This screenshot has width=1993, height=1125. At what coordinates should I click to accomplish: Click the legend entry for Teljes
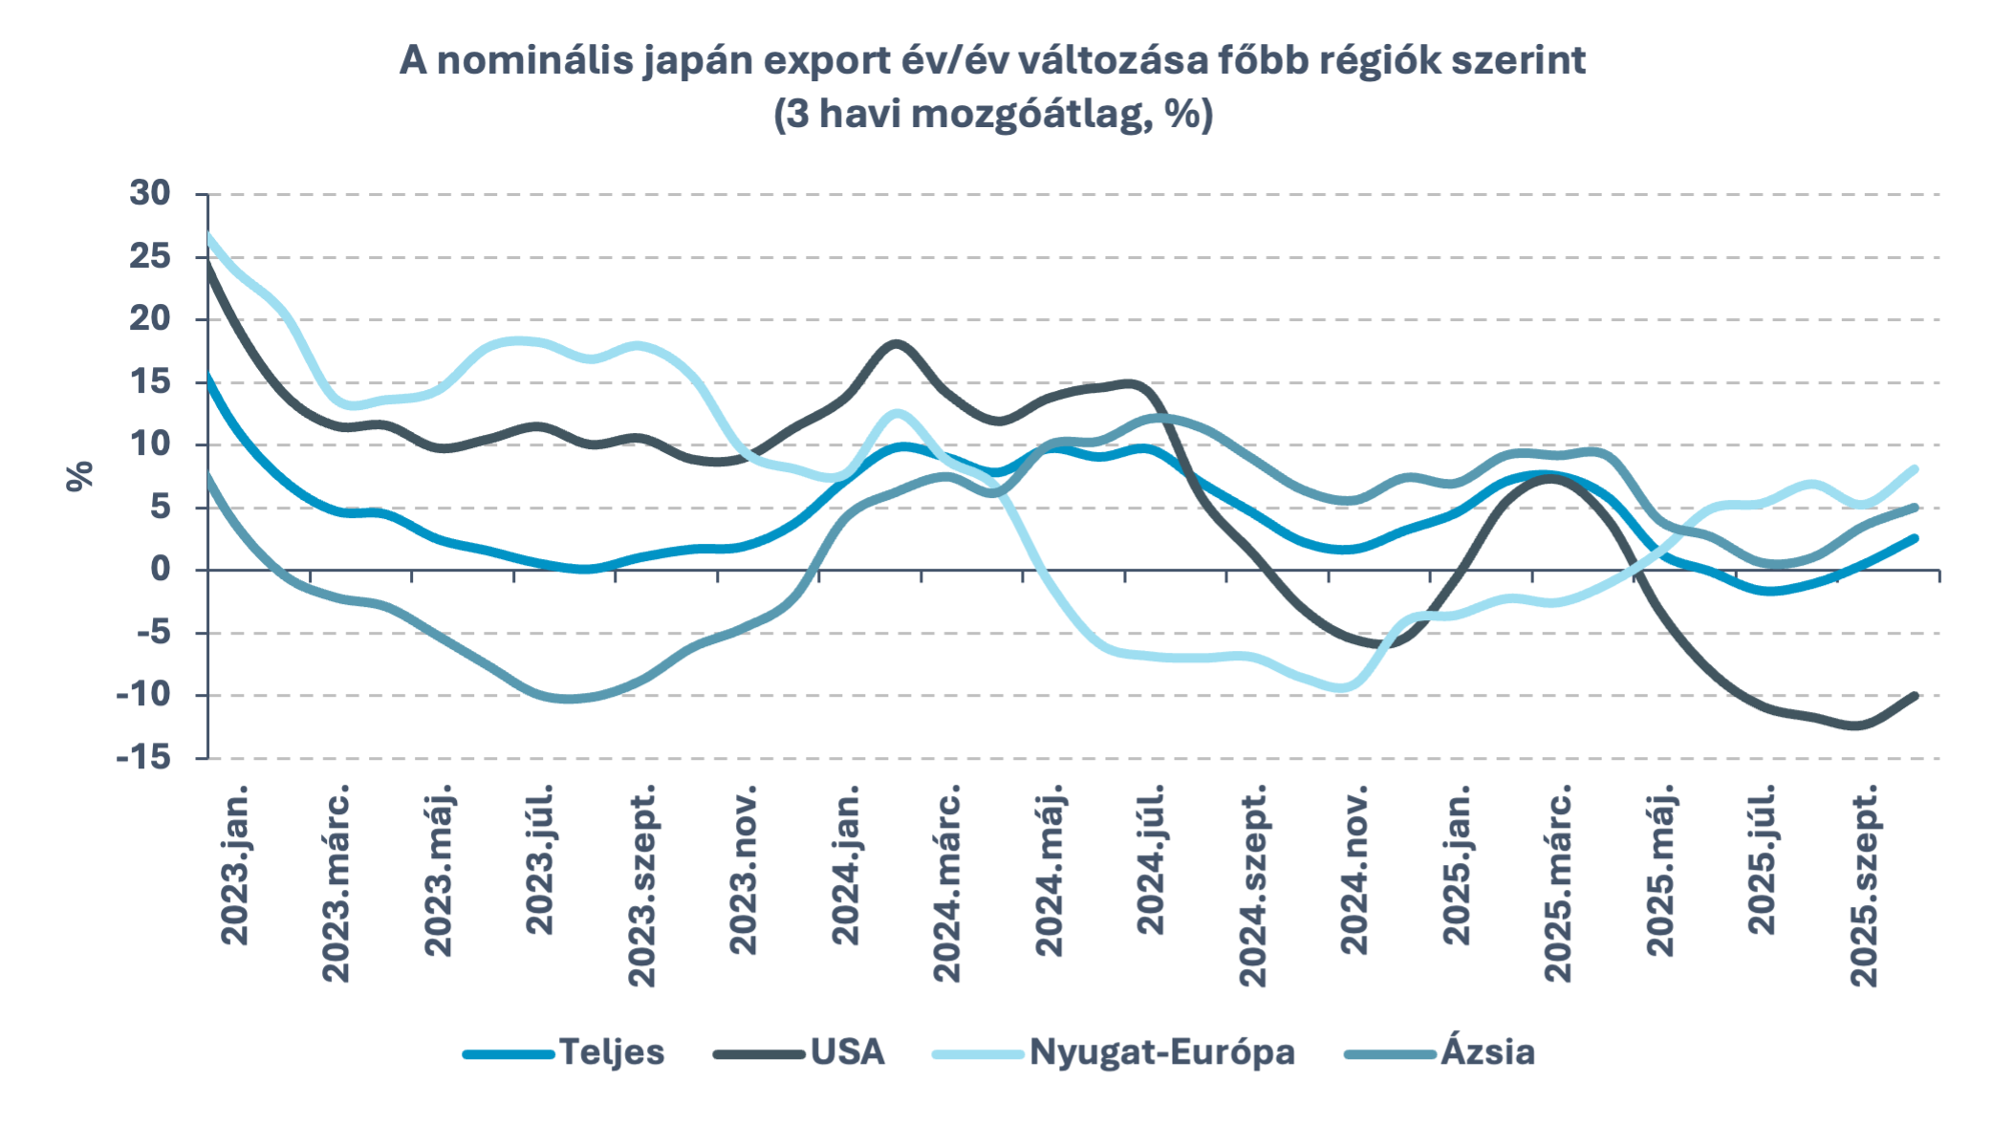coord(611,1052)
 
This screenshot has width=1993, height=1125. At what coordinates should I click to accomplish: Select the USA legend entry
coord(847,1052)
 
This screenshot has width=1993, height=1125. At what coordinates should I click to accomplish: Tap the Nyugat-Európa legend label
coord(1161,1052)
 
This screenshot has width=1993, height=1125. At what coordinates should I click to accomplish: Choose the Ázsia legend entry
coord(1487,1052)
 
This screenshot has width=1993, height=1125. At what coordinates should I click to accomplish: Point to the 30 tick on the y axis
coord(150,193)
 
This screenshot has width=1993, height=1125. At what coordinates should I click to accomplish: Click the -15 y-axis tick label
coord(143,758)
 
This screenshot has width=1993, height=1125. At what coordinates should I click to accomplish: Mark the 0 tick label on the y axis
coord(160,570)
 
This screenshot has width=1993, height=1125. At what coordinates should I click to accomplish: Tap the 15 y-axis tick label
coord(150,382)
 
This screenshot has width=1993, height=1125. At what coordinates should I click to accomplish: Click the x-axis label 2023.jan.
coord(234,866)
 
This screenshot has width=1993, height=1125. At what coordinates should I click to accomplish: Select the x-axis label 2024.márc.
coord(946,884)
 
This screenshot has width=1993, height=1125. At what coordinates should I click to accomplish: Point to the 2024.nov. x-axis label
coord(1354,870)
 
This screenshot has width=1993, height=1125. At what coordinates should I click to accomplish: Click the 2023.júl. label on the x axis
coord(540,859)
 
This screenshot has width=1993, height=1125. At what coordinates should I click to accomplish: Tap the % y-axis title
coord(80,475)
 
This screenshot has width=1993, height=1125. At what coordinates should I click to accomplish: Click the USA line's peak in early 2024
coord(896,343)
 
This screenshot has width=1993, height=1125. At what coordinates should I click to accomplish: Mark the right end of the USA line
coord(1915,695)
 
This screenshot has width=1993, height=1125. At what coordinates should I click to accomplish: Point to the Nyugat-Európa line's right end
coord(1915,468)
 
